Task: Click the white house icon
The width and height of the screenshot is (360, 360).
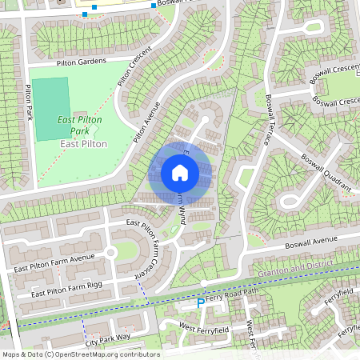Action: tap(180, 172)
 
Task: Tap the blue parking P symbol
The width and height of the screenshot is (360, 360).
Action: tap(200, 302)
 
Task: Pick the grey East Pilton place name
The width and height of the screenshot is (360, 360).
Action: tap(83, 143)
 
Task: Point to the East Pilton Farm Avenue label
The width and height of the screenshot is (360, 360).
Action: tap(54, 262)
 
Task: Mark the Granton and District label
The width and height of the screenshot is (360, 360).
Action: tap(296, 270)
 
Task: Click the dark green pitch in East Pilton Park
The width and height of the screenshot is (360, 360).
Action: tap(51, 98)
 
